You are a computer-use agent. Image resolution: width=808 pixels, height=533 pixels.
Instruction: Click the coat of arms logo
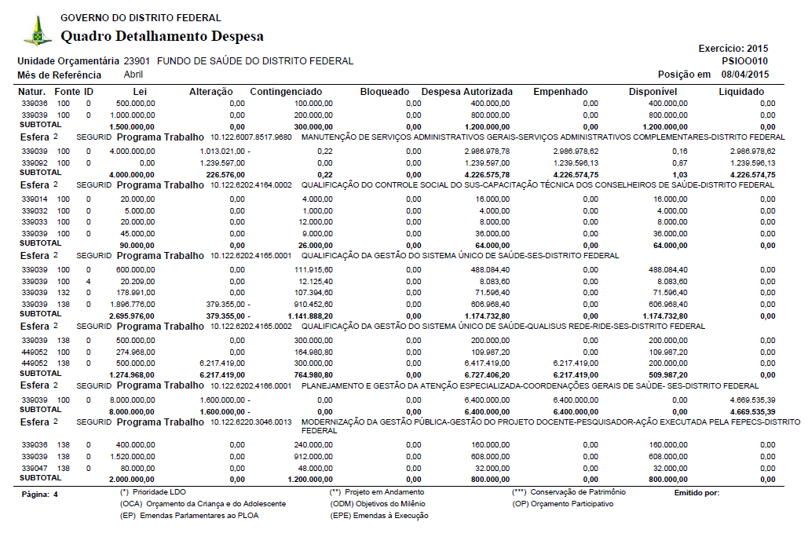click(x=37, y=31)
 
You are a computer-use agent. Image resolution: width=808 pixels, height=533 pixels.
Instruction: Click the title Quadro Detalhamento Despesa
click(x=162, y=36)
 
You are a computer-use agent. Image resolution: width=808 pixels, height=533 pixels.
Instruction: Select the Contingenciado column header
click(x=286, y=92)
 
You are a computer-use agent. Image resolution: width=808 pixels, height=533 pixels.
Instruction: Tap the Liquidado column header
click(x=740, y=92)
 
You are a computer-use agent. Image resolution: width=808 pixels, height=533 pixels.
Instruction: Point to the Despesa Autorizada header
click(x=466, y=92)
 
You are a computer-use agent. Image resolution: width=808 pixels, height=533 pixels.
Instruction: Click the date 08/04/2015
click(x=744, y=75)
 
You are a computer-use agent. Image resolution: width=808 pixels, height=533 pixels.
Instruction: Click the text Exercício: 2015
click(x=733, y=49)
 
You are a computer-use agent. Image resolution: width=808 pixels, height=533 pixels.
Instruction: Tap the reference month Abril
click(x=133, y=75)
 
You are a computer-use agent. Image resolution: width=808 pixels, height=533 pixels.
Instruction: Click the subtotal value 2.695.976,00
click(x=130, y=315)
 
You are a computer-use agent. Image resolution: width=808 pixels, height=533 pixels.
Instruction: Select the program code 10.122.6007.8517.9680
click(x=250, y=137)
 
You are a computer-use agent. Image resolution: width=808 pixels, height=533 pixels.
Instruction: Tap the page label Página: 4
click(x=39, y=495)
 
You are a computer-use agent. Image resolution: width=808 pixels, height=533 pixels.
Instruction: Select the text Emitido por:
click(x=696, y=493)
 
